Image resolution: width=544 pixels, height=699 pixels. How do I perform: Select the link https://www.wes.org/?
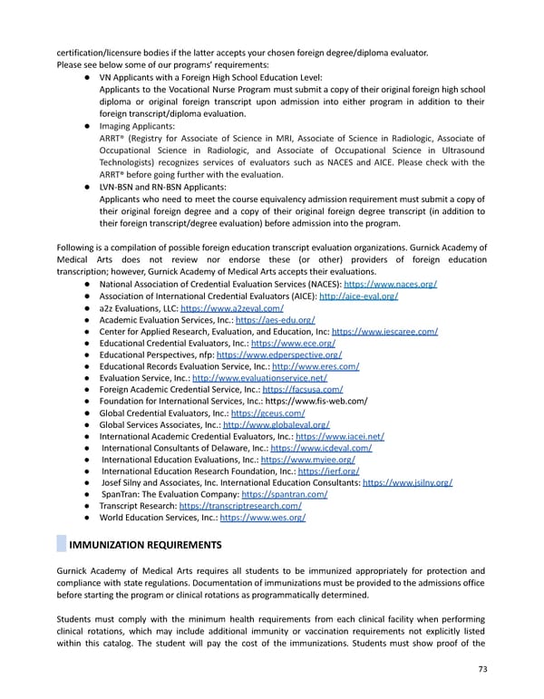tap(263, 519)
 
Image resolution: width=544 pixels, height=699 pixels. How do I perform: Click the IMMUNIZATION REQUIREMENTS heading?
tap(146, 545)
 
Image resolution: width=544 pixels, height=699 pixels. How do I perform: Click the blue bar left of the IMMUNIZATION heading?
tap(61, 545)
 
